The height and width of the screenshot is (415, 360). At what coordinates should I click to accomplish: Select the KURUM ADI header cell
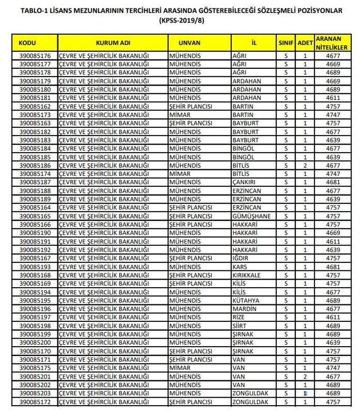click(113, 42)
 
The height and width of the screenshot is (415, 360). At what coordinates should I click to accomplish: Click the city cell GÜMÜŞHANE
click(251, 216)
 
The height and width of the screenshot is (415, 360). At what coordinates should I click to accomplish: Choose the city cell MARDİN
click(245, 309)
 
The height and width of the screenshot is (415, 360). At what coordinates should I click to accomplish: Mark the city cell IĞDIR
click(241, 258)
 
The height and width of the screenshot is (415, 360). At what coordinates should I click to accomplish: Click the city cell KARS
click(240, 266)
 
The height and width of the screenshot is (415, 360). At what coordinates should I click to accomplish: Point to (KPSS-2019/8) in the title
click(180, 21)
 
